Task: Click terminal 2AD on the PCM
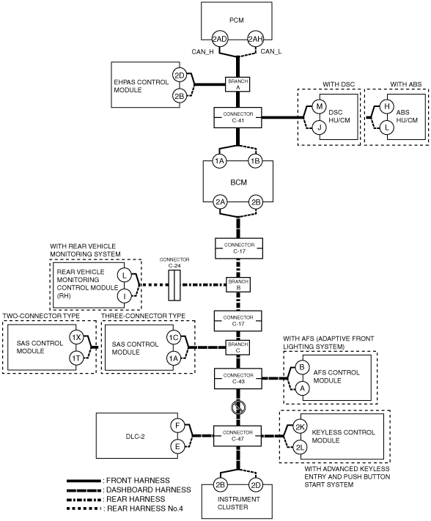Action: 220,40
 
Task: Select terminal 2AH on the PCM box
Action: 256,40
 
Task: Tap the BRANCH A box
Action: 238,84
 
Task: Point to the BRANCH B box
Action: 238,285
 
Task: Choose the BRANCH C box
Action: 238,347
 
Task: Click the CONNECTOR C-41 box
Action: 238,117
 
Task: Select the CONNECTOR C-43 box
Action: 238,378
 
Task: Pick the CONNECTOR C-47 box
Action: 238,435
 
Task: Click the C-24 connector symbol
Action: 174,285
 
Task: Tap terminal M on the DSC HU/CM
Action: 320,107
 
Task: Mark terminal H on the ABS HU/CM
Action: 387,107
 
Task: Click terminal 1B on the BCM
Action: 255,161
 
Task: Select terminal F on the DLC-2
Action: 177,426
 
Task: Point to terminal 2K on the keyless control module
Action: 300,427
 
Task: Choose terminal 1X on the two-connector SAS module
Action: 76,338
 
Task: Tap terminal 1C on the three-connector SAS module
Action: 174,338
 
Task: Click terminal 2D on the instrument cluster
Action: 256,485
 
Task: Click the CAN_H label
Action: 203,52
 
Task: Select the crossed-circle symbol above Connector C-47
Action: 238,407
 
